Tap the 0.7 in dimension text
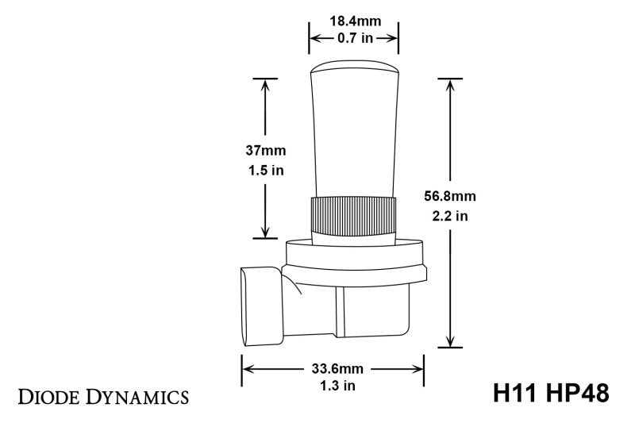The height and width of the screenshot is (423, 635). (353, 39)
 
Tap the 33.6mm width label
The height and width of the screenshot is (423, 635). (333, 367)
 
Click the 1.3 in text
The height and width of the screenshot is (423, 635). (333, 386)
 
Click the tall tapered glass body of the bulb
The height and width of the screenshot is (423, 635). (352, 135)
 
